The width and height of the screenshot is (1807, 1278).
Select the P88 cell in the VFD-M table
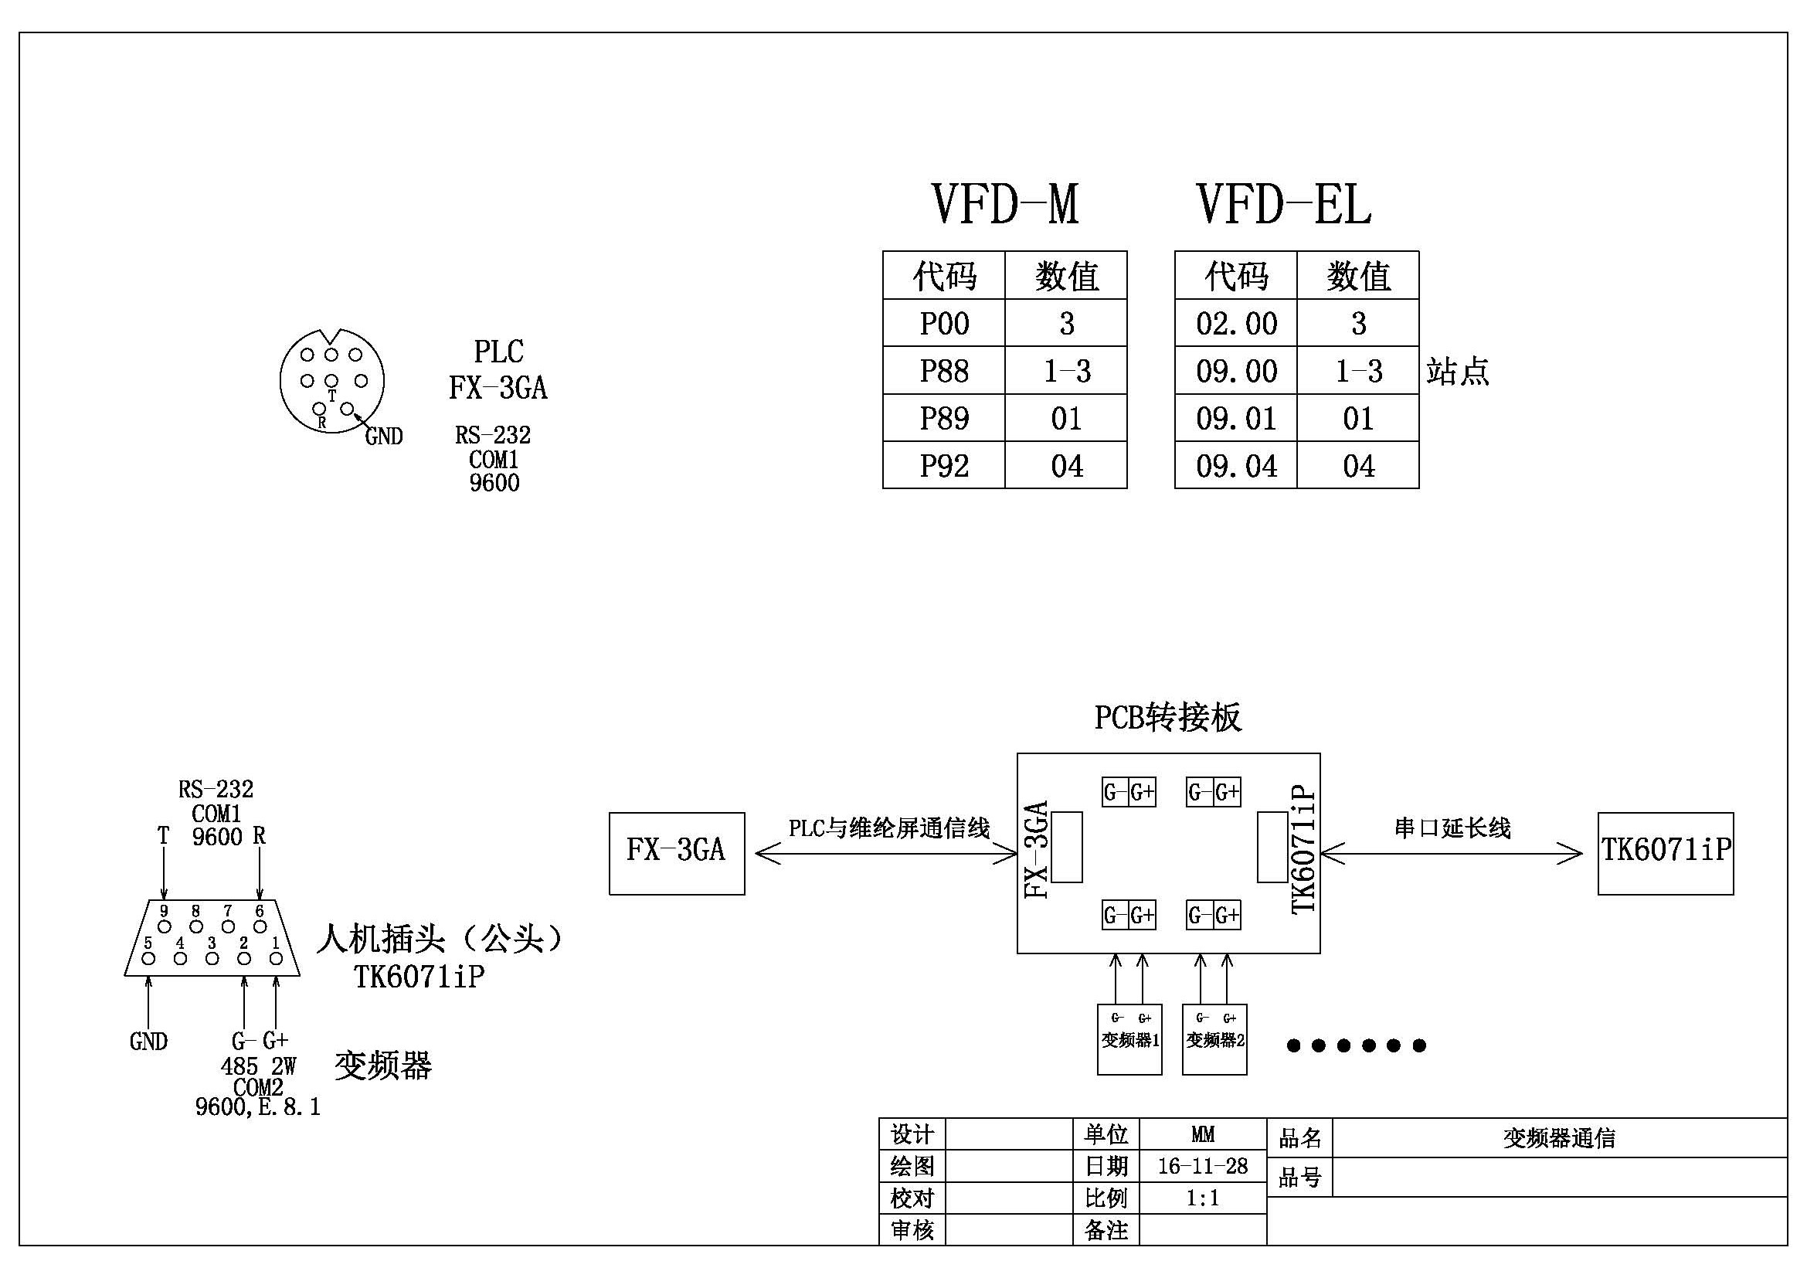tap(943, 371)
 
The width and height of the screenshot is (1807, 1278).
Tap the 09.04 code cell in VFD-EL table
tap(1235, 466)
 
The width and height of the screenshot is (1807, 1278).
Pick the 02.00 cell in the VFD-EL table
tap(1235, 324)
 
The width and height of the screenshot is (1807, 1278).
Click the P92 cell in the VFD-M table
tap(943, 466)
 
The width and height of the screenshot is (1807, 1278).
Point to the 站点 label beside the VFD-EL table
tap(1458, 371)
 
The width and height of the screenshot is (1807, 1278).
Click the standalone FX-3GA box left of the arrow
tap(676, 853)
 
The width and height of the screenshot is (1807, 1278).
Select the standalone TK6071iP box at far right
tap(1666, 853)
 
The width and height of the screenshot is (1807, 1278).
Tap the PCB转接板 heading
tap(1167, 717)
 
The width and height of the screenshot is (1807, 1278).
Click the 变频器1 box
tap(1129, 1039)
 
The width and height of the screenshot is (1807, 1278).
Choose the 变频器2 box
tap(1214, 1039)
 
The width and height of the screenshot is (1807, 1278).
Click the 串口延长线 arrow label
tap(1452, 828)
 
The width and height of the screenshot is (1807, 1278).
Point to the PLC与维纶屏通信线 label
tap(888, 828)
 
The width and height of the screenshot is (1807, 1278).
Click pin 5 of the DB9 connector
tap(149, 958)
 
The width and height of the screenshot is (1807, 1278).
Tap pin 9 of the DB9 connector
tap(165, 926)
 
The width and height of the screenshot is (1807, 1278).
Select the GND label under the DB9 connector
tap(148, 1041)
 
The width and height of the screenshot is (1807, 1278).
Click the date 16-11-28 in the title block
tap(1203, 1165)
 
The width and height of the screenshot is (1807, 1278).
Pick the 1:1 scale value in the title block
tap(1203, 1198)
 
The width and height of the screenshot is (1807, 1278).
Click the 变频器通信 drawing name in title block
tap(1558, 1138)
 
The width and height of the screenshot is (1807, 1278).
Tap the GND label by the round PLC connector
tap(383, 436)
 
